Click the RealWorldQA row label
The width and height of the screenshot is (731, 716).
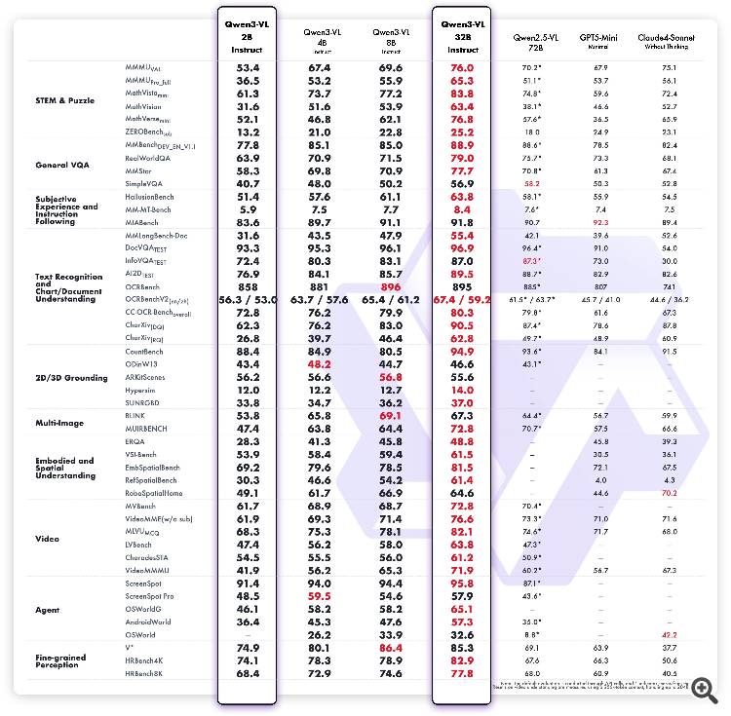coord(148,157)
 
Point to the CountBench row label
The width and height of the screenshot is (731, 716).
coord(144,351)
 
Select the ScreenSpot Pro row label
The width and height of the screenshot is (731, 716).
coord(149,595)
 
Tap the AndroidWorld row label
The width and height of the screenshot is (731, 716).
coord(148,621)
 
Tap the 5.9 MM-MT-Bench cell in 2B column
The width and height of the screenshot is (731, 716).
coord(247,209)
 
